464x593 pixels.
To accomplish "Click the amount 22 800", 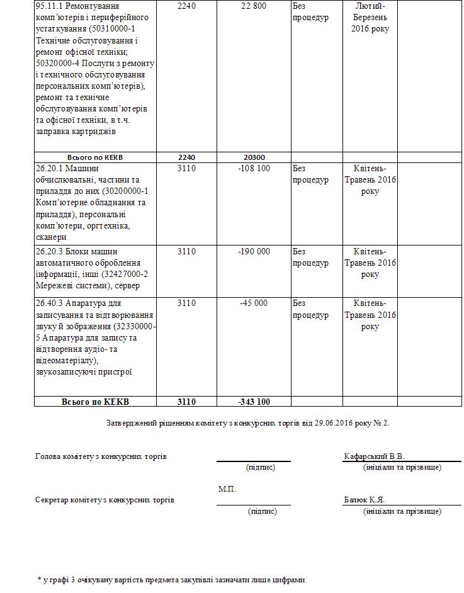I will click(254, 6).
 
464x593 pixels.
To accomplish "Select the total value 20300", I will click(253, 157).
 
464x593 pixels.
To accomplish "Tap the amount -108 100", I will click(254, 169).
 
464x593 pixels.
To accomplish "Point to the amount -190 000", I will click(254, 252).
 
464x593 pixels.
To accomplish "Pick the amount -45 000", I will click(254, 303).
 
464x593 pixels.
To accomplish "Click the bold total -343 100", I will click(254, 402).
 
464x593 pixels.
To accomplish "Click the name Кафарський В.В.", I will click(375, 456).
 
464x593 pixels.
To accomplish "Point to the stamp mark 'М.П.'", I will click(227, 489).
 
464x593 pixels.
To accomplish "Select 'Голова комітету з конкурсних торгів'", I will click(101, 456).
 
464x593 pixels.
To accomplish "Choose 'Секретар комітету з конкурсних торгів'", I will click(105, 500).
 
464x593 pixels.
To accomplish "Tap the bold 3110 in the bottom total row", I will click(187, 402).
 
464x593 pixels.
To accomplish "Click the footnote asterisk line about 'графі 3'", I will click(171, 580).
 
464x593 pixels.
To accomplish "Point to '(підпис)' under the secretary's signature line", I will click(263, 511).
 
